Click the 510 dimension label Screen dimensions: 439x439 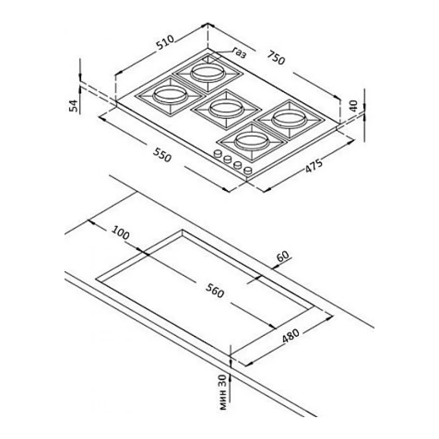[165, 42]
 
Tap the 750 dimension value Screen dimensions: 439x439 [276, 57]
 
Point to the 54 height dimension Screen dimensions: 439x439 [73, 105]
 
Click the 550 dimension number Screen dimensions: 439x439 [162, 155]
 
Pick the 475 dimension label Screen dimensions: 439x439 [313, 165]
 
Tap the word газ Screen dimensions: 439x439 [240, 53]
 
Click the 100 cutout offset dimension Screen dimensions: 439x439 [121, 232]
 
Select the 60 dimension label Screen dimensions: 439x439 [282, 256]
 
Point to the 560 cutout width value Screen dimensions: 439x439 [215, 290]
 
